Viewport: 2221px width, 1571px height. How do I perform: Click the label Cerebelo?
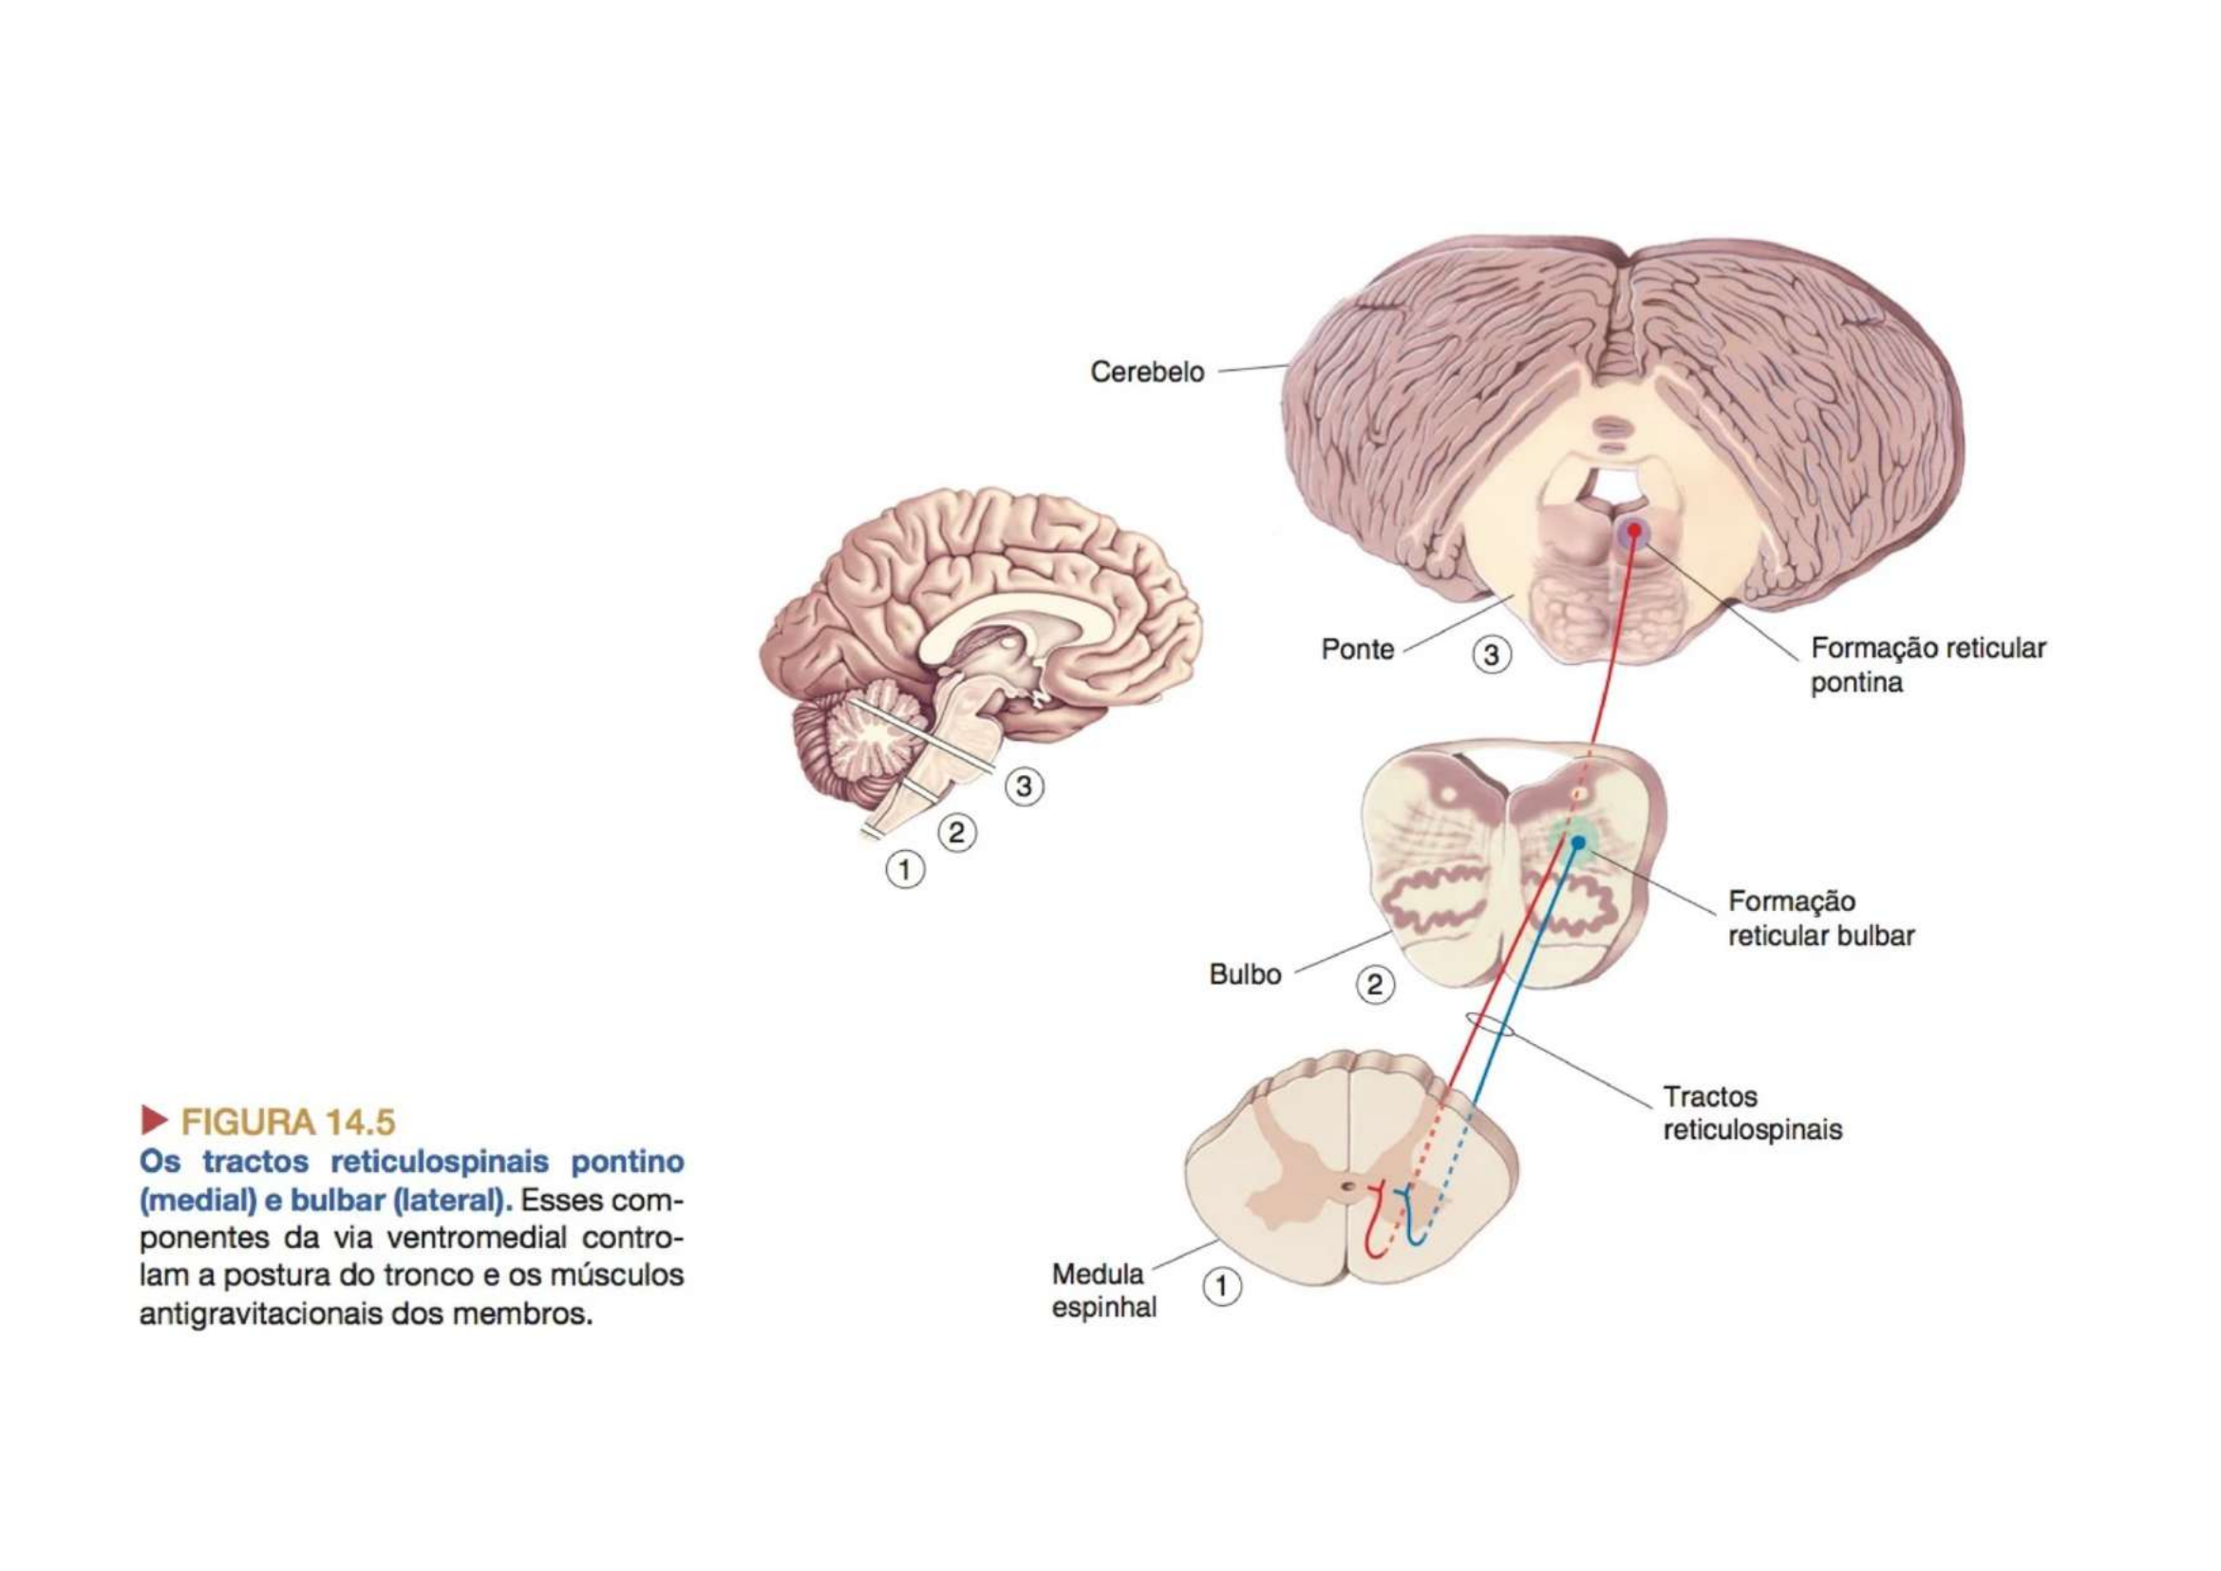coord(1146,372)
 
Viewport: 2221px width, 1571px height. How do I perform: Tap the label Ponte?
coord(1357,649)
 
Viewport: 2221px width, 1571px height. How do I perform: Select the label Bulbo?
coord(1245,975)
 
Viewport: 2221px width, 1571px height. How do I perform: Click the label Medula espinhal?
coord(1103,1291)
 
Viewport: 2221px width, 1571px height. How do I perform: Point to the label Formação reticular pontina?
coord(1927,666)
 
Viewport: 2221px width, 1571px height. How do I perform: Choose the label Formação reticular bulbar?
coord(1820,919)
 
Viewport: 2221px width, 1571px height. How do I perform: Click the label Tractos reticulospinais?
coord(1752,1113)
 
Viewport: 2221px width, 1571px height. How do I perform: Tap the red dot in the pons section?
coord(1634,530)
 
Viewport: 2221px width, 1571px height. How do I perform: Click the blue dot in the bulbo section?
coord(1578,842)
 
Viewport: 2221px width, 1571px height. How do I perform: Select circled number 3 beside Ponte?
coord(1491,656)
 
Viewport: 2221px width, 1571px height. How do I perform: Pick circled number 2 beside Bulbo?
coord(1375,986)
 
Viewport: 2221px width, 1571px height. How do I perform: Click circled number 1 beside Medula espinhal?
coord(1222,1288)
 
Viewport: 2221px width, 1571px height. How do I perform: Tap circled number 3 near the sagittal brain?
coord(1024,787)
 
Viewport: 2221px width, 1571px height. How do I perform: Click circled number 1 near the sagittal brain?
coord(905,872)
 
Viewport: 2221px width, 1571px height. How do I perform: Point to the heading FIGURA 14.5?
coord(289,1122)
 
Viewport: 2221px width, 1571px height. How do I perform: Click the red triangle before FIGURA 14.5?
coord(154,1120)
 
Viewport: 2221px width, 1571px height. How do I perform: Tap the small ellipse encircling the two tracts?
coord(1490,1025)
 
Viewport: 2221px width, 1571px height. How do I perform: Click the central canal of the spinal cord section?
coord(1347,1186)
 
